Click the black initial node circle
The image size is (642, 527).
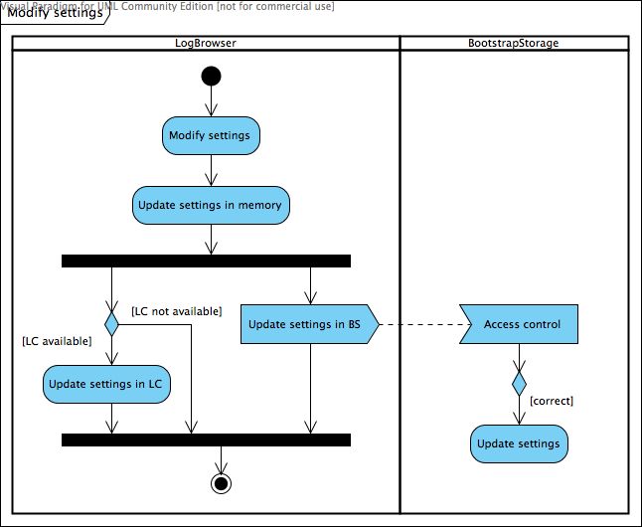(211, 77)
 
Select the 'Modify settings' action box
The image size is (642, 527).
(211, 135)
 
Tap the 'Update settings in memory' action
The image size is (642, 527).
(211, 205)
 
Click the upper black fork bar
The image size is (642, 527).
(206, 261)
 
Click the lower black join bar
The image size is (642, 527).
(206, 439)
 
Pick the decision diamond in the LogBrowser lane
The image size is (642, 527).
(111, 324)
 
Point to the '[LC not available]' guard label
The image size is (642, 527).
(176, 311)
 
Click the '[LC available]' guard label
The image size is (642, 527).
(57, 341)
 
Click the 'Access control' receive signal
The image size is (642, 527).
(519, 324)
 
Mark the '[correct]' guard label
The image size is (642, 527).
(552, 401)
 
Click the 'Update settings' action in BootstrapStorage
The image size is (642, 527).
(519, 443)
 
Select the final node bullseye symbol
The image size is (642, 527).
(221, 483)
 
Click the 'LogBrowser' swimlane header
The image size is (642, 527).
(205, 43)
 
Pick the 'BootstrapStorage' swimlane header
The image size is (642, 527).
(513, 43)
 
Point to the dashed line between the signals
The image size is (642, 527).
(417, 324)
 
